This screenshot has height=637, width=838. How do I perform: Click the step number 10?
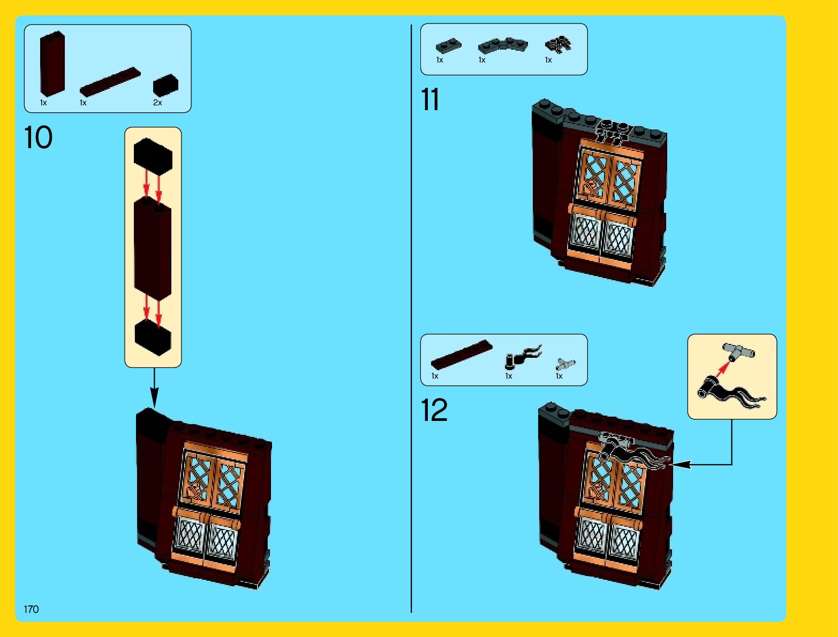38,137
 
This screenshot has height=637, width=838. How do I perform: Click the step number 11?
430,100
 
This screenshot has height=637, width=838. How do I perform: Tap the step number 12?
434,410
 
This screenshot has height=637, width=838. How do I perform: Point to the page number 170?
31,609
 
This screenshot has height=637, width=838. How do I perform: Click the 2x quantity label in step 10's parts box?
157,103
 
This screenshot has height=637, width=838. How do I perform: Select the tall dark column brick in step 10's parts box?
52,64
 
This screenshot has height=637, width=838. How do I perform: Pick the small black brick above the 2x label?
165,85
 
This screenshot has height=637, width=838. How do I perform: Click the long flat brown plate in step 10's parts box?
110,82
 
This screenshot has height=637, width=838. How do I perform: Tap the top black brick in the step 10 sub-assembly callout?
153,156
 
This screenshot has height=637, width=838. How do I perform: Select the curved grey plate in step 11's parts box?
502,45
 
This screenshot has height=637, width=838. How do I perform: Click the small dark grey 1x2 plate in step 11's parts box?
448,46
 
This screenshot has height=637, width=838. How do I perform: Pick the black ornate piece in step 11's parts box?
557,44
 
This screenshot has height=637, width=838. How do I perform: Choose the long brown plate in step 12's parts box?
462,354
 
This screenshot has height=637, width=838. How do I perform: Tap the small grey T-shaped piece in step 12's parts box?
565,364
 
